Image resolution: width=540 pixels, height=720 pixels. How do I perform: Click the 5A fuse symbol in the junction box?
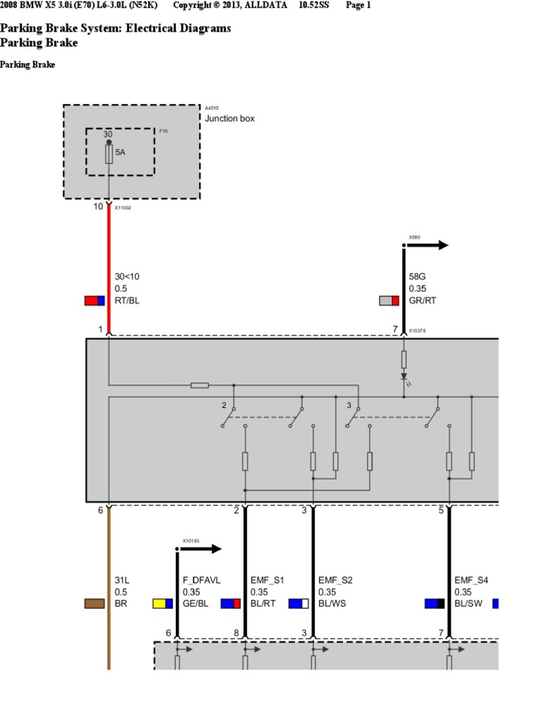tap(109, 155)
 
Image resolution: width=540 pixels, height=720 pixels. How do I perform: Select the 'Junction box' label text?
tap(229, 119)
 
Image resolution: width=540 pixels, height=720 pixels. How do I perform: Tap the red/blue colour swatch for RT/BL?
tap(94, 301)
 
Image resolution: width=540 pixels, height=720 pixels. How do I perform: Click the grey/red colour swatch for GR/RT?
tap(389, 301)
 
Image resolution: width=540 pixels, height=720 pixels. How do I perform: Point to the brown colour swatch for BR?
tap(94, 603)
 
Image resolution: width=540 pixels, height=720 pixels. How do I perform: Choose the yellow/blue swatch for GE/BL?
tap(162, 603)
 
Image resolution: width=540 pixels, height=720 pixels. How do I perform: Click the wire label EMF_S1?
tap(267, 580)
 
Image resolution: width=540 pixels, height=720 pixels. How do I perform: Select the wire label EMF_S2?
tap(335, 580)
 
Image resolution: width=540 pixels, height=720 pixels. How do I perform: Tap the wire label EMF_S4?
tap(471, 580)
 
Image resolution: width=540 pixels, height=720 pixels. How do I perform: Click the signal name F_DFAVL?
tap(202, 580)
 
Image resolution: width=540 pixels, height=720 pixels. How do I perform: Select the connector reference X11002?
tap(123, 209)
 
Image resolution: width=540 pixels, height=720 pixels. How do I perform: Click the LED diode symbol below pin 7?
tap(404, 377)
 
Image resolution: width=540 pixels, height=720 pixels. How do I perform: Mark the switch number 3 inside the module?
tap(349, 406)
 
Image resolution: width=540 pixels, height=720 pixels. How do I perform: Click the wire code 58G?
tap(418, 277)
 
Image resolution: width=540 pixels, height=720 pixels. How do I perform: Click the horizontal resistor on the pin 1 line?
tap(200, 385)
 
